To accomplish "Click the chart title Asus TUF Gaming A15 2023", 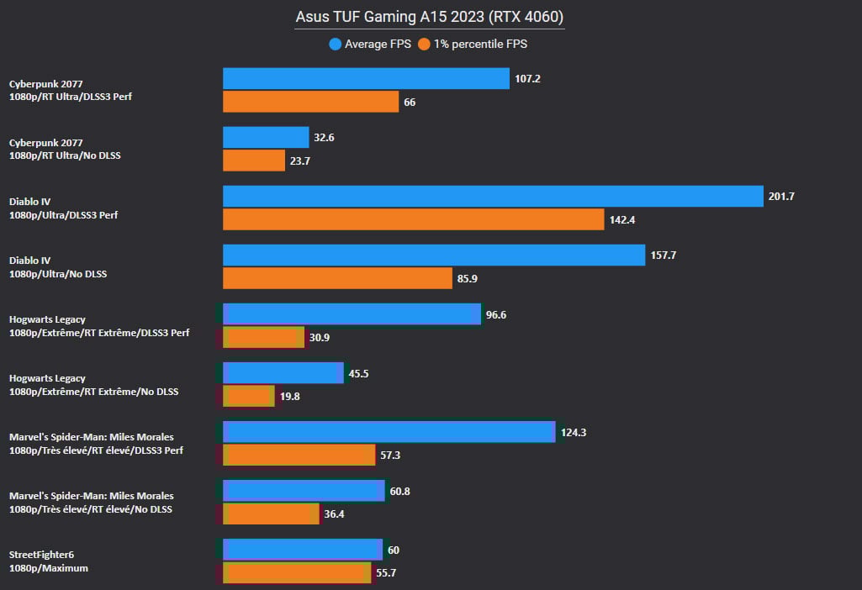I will [430, 17].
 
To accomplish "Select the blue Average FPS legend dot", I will [336, 44].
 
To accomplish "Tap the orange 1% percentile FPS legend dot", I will [426, 44].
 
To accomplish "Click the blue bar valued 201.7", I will [492, 196].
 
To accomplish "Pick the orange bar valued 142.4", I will [413, 219].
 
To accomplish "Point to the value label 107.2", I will [527, 79].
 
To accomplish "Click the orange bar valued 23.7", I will [254, 161].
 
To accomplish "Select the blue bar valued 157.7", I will [434, 255].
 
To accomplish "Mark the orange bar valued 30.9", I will [263, 337].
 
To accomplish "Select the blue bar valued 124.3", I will [389, 432].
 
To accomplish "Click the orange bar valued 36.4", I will [271, 514].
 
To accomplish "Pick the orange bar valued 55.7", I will [297, 572].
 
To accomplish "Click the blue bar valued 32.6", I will [266, 137].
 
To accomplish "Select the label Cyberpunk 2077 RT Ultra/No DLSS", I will [64, 149].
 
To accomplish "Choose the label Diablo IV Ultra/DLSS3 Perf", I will [63, 208].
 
